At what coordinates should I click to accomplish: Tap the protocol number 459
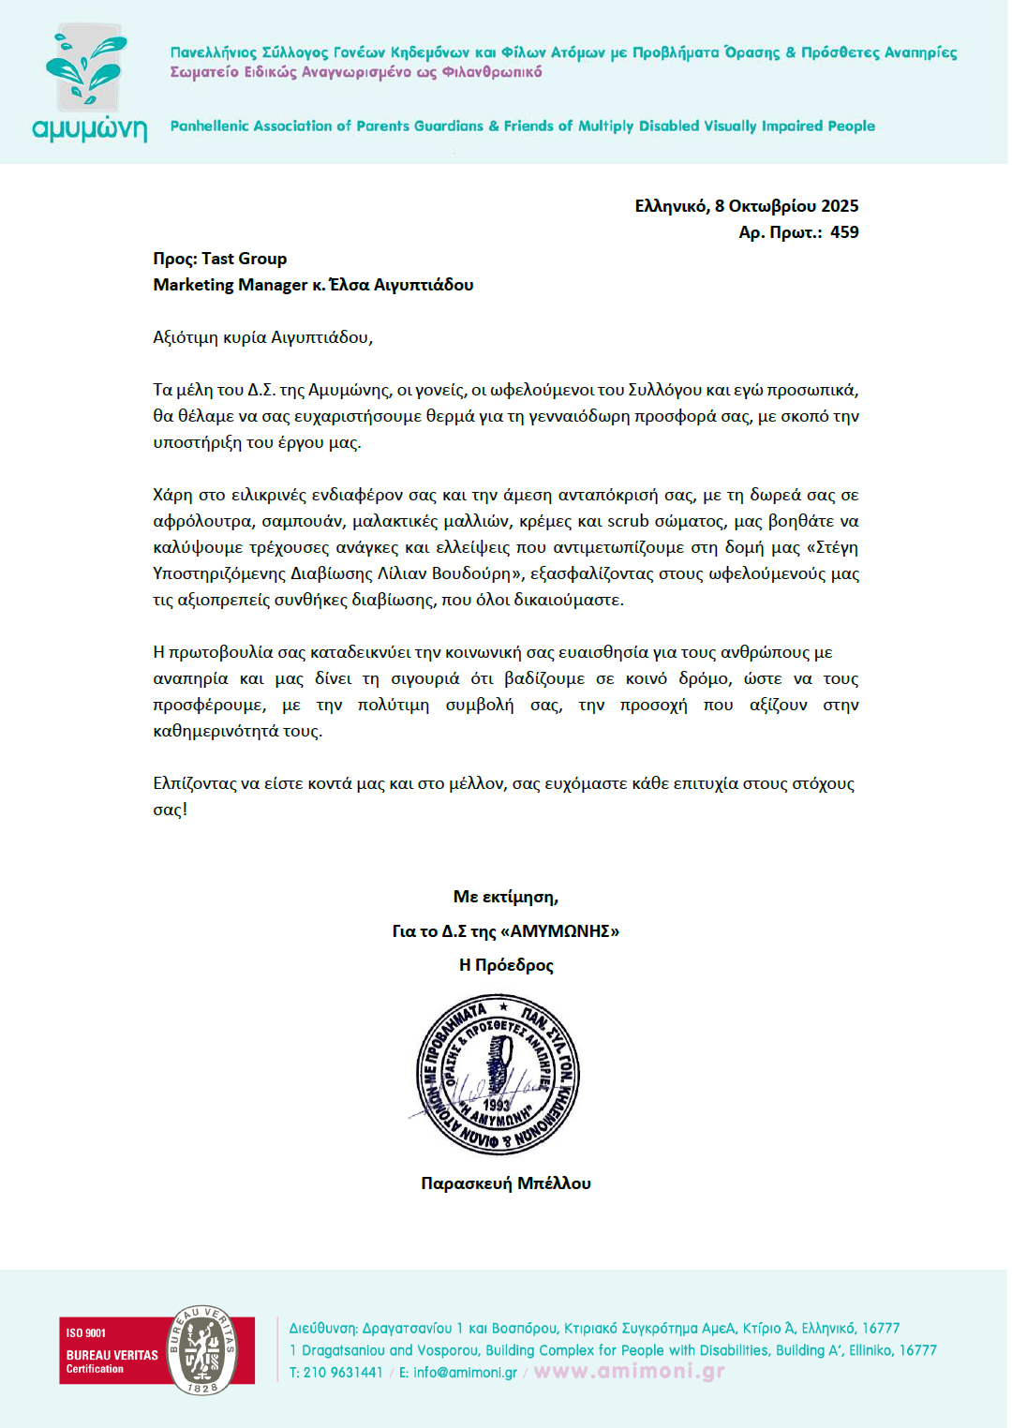844,232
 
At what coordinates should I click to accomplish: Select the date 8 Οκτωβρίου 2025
786,206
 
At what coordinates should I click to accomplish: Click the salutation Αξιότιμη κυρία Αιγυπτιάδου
262,337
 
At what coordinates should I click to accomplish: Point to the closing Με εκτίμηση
506,897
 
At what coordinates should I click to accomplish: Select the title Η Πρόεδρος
506,965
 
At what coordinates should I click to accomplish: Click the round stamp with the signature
498,1074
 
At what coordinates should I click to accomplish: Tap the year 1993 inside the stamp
497,1105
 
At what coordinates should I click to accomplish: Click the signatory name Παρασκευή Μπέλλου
506,1183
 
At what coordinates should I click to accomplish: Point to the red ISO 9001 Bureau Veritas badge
156,1350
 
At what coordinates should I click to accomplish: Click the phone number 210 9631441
343,1373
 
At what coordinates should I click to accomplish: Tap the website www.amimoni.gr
629,1372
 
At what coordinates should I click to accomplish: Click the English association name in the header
522,126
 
